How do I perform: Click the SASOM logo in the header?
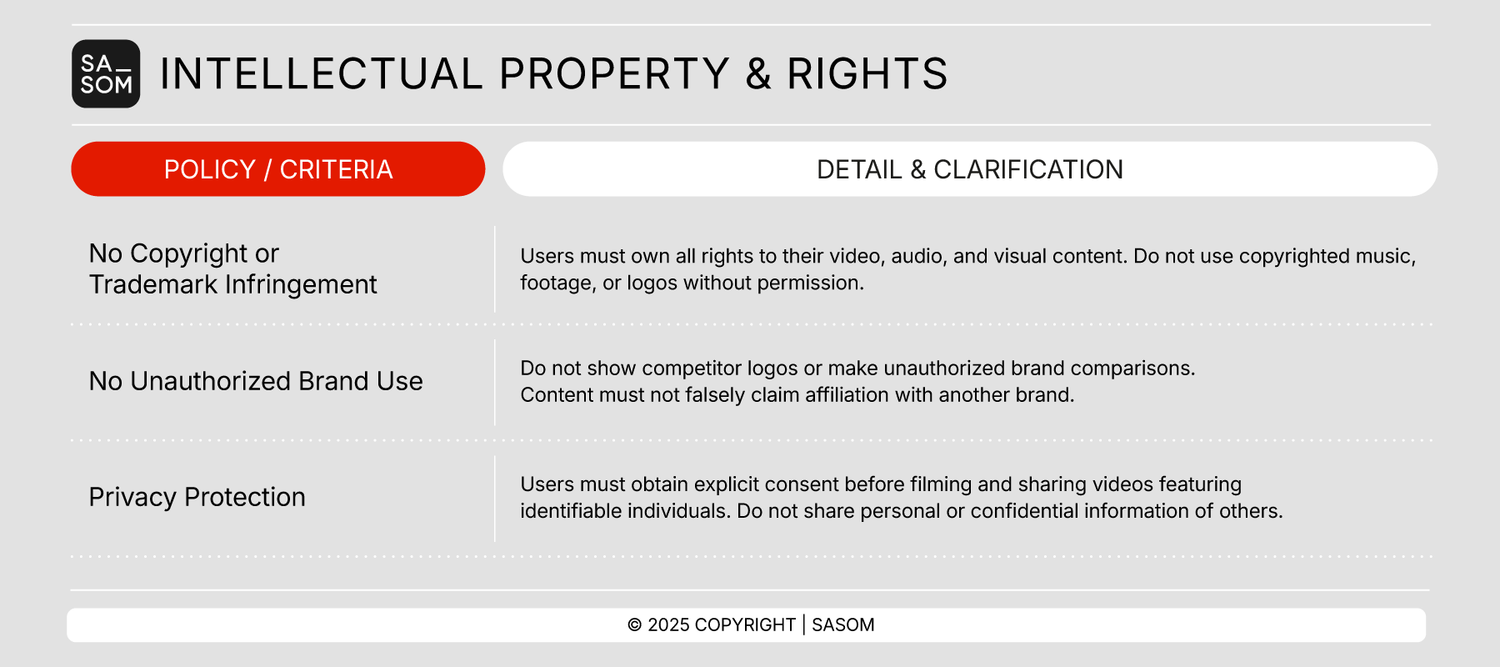coord(106,73)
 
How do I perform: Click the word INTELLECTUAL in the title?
coord(322,73)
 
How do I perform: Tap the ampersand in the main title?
coord(758,73)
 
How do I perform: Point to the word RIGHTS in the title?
coord(867,73)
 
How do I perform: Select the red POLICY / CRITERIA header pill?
coord(278,169)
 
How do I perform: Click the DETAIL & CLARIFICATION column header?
coord(970,169)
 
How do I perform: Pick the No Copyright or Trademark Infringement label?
coord(233,268)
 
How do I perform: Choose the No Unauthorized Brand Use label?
coord(256,381)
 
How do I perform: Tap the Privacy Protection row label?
coord(197,497)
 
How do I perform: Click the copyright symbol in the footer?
coord(635,625)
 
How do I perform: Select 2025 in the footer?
coord(668,625)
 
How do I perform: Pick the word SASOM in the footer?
coord(843,625)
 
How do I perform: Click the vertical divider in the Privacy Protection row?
coord(495,499)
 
